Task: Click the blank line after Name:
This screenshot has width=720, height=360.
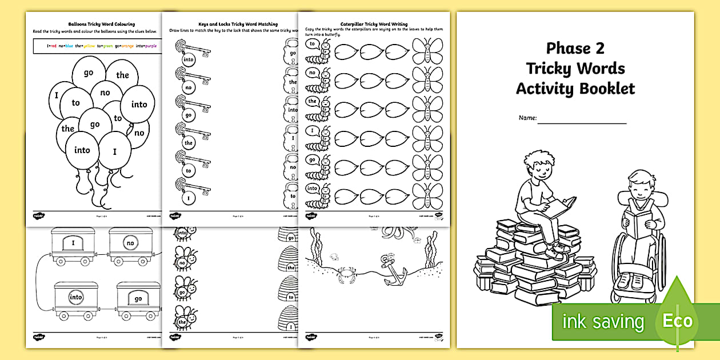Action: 581,121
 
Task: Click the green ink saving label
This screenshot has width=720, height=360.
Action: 603,321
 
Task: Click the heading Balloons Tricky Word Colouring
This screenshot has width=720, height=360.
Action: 102,25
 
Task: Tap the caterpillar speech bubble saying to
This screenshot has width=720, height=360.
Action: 313,43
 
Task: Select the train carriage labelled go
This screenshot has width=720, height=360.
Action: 138,299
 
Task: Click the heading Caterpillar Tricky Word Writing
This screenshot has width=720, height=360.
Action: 374,25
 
